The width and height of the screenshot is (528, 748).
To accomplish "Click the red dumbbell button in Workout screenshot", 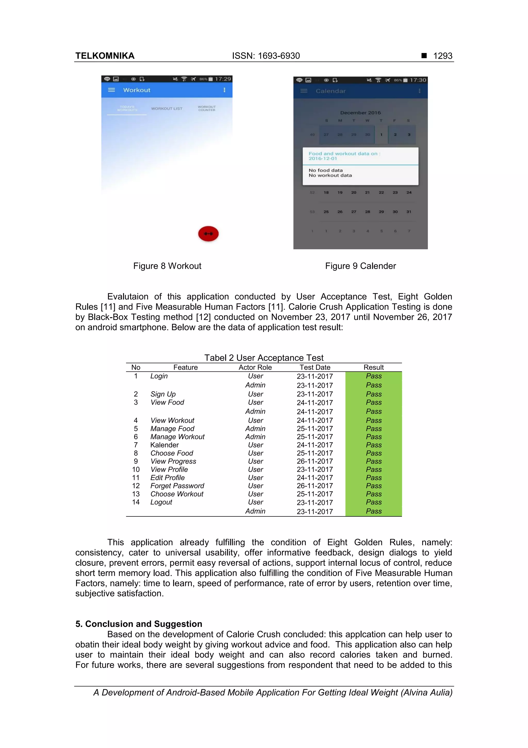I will tap(208, 234).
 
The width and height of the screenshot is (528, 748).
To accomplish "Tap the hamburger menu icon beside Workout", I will tap(111, 90).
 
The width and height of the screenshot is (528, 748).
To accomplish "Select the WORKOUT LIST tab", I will tap(167, 108).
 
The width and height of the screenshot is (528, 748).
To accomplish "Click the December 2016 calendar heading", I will tap(360, 113).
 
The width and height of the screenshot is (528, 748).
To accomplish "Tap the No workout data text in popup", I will tap(330, 175).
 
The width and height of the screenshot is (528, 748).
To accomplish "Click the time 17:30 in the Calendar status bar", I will tap(418, 80).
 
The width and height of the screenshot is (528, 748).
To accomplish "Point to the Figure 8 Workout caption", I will tap(167, 266).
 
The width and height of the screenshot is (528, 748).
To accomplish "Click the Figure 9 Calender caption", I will tap(360, 266).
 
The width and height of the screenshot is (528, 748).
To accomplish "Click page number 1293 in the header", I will tap(442, 56).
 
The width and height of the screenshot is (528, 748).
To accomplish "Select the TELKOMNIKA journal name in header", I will tap(105, 56).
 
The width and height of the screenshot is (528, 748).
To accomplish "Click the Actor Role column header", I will tap(255, 367).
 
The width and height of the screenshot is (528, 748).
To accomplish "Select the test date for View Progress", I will tap(315, 461).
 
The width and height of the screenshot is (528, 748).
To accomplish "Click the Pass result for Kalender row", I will tap(374, 445).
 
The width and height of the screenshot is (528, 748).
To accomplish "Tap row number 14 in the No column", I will tap(136, 502).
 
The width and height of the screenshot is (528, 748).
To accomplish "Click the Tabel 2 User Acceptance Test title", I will tap(264, 358).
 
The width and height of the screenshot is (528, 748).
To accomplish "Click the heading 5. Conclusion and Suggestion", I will tap(139, 624).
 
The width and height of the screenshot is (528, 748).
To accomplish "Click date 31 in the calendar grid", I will tap(409, 212).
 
